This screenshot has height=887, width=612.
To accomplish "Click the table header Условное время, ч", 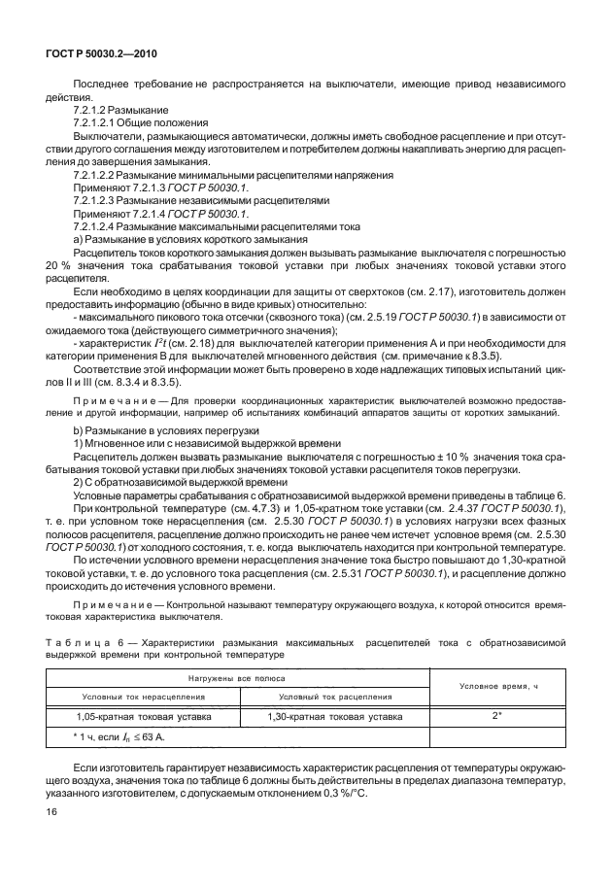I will point(495,687).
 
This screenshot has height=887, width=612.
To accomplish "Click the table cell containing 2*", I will point(495,717).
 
